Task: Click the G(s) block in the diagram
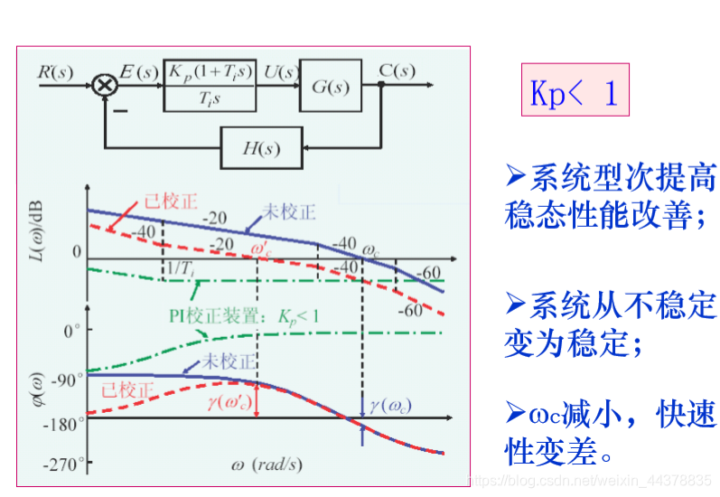pyautogui.click(x=330, y=86)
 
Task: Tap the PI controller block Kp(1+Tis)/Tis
pyautogui.click(x=209, y=86)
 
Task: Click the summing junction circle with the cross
pyautogui.click(x=105, y=86)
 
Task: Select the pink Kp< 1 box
pyautogui.click(x=574, y=91)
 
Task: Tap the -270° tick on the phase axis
pyautogui.click(x=65, y=464)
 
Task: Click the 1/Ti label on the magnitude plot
pyautogui.click(x=179, y=269)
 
